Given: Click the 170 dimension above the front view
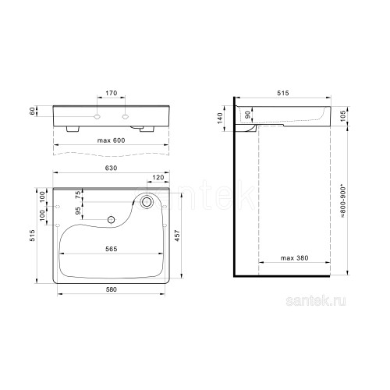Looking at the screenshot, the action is coord(112,93).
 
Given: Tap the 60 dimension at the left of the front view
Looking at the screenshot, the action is coord(32,112).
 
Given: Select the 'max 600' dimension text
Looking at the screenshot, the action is coord(111,140).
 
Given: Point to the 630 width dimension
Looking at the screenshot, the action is coord(111,168).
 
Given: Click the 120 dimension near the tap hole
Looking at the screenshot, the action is coord(158,177).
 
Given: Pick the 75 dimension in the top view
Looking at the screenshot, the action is coord(78,195).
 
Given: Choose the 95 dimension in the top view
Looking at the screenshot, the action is coord(78,211).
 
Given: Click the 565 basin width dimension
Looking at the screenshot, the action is coord(112,249).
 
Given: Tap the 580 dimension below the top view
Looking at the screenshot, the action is coord(112,289).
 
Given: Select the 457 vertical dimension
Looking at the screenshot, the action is coord(177,236).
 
